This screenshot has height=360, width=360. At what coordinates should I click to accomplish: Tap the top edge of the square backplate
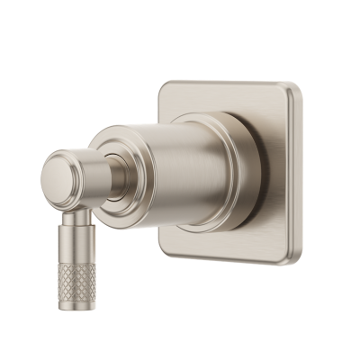229,83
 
